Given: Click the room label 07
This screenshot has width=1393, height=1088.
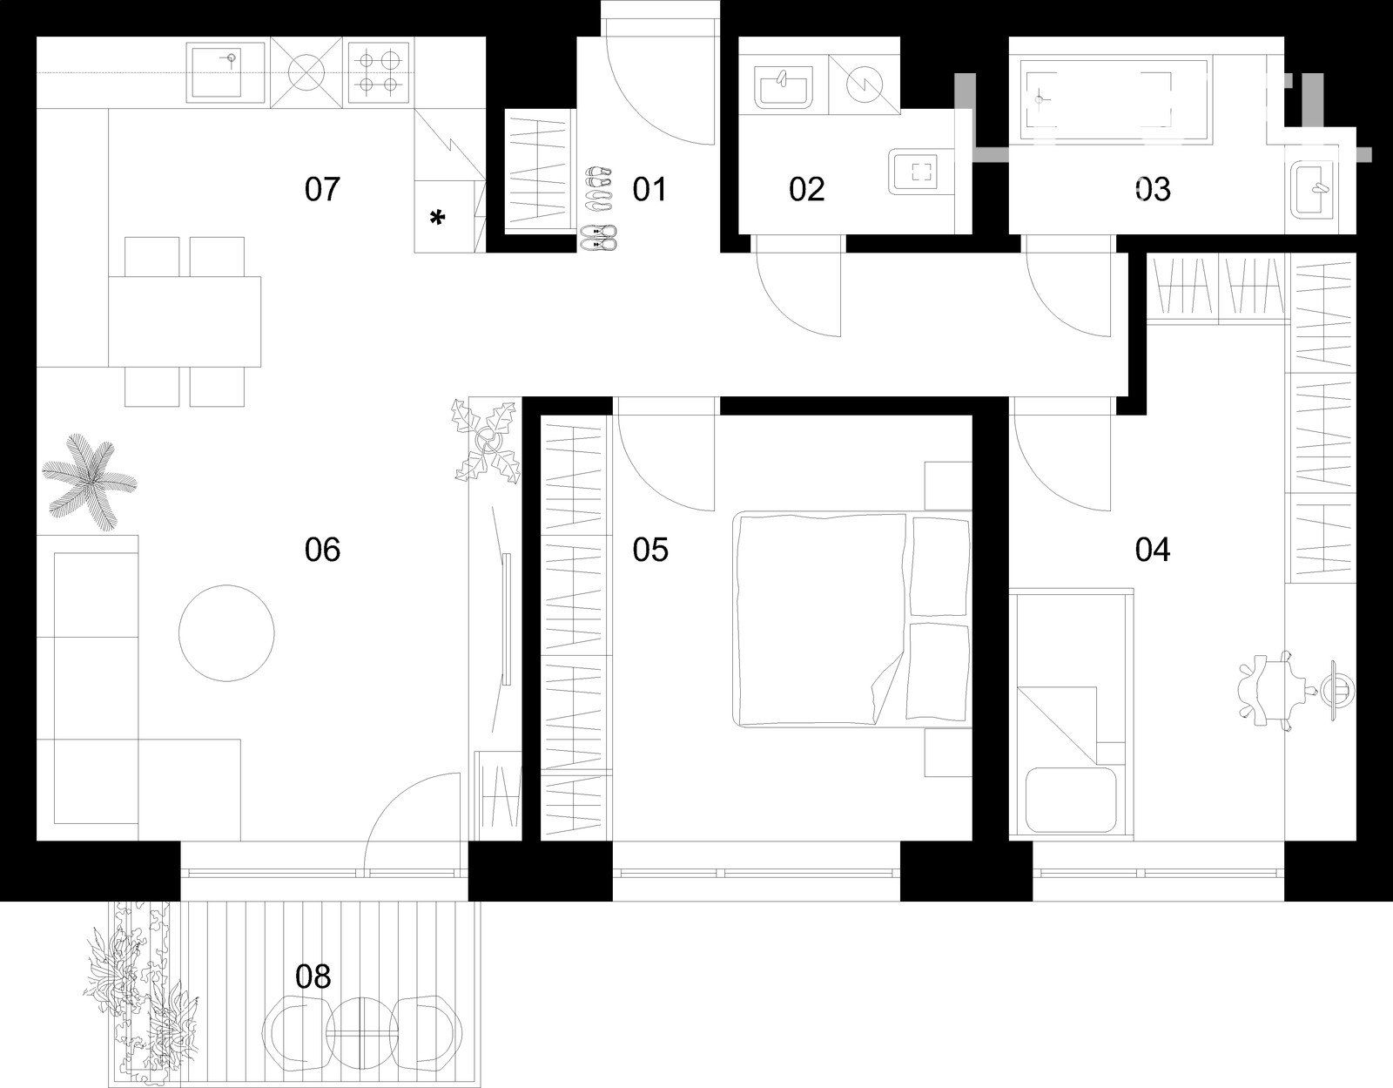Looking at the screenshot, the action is point(322,189).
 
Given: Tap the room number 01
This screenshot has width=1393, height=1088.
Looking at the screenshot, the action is point(649,189).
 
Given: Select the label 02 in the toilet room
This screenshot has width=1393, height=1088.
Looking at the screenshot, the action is point(806,189).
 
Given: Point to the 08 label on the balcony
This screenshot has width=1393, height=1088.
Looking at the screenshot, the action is point(313,976).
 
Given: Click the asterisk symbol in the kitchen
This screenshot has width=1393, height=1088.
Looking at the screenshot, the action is point(437,218).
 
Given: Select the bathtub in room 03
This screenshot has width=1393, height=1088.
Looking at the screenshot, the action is point(1114,100).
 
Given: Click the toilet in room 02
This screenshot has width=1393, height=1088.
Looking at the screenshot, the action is point(920,172).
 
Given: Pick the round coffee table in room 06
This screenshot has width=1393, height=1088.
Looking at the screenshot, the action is point(226,632).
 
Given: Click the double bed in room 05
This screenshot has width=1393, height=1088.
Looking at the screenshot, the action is point(852,618).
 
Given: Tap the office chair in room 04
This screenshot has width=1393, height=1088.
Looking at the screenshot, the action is point(1270,690).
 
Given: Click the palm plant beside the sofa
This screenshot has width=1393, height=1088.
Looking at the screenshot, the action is point(90,482).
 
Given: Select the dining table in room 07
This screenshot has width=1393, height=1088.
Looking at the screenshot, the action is point(185,321).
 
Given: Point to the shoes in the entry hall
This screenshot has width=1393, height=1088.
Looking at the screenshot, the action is point(598,209).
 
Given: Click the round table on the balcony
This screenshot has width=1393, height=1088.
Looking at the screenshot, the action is point(361,1033).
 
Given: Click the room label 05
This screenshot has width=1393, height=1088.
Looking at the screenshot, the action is point(650,550).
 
